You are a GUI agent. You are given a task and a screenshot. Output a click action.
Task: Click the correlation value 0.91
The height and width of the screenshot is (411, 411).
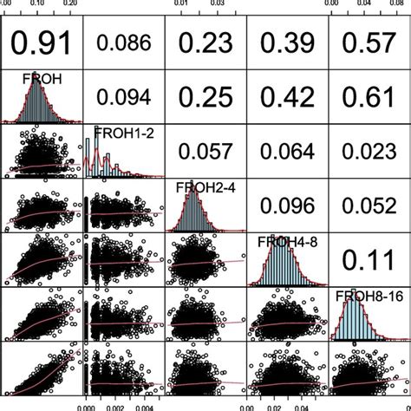(x=42, y=42)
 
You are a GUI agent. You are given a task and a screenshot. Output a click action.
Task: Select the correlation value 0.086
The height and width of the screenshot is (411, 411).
(x=122, y=42)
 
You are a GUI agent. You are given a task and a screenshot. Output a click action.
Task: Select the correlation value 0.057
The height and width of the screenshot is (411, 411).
(x=204, y=151)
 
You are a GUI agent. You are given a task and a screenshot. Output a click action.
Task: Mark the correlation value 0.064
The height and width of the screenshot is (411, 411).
(x=285, y=151)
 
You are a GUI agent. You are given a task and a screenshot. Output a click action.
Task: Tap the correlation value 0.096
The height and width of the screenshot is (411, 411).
(x=285, y=206)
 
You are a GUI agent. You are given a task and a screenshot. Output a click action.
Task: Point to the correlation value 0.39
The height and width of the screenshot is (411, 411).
(x=285, y=42)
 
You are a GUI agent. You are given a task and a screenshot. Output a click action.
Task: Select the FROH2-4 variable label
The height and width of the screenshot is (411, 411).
(x=198, y=186)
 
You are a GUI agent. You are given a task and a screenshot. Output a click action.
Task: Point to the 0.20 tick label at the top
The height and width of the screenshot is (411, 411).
(x=69, y=4)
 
